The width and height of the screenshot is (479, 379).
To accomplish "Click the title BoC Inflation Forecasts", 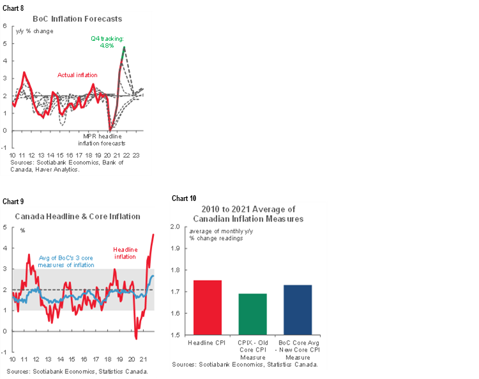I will click(x=77, y=19).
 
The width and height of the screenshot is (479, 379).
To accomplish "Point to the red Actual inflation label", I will click(x=77, y=75).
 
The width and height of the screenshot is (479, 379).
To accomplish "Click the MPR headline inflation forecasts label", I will click(x=107, y=140).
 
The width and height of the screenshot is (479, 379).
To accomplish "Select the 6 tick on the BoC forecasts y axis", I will click(x=5, y=26).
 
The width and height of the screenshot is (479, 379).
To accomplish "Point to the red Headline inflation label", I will click(x=125, y=253).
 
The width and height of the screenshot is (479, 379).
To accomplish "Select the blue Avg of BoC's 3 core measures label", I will click(x=66, y=261).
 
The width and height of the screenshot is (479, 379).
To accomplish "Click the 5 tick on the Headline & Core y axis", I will click(x=5, y=228).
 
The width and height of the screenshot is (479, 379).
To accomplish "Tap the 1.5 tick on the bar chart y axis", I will click(x=176, y=335).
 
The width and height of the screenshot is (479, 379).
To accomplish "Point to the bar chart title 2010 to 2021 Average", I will click(x=248, y=214).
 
